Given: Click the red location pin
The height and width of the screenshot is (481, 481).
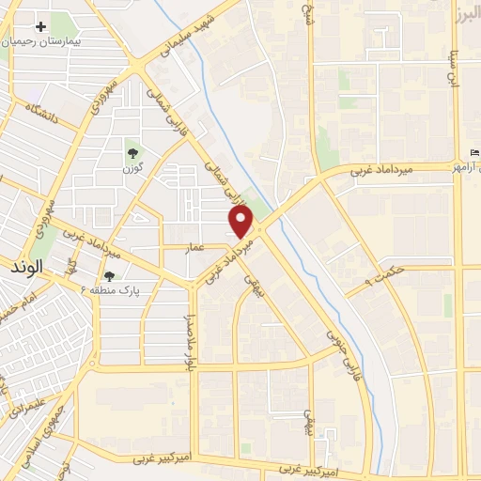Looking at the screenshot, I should point(241,223).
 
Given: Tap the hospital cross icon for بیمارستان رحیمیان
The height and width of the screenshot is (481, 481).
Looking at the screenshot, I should point(39,26).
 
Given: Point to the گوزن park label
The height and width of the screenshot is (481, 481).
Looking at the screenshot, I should point(131,169).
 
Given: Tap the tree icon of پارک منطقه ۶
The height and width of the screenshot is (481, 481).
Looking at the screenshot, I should point(111,276).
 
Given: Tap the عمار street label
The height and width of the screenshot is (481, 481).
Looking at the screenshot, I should point(194,246).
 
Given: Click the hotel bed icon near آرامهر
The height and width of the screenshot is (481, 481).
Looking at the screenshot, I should point(473,153).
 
